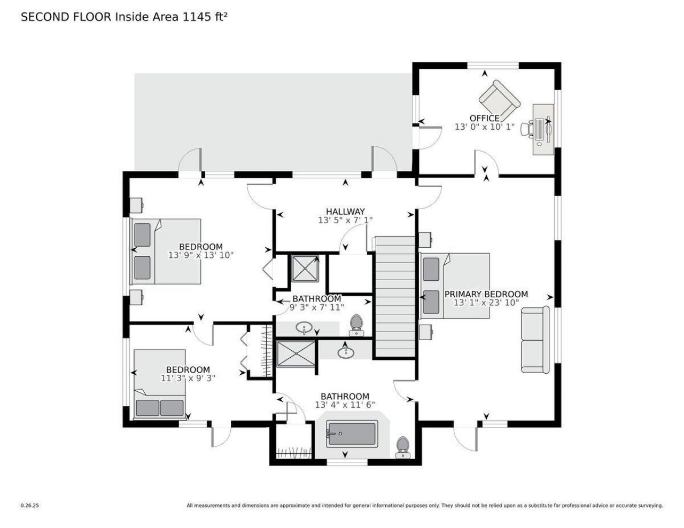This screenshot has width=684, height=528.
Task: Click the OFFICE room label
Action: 484,118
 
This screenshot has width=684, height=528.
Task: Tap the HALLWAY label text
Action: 345,211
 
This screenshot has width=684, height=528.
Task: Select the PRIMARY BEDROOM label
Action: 486,294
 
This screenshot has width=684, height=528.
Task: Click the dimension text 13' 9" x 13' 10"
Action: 200,255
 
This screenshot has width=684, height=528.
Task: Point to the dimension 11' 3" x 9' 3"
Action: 188,378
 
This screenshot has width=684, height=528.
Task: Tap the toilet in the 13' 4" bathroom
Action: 402,447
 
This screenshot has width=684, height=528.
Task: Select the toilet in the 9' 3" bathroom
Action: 356,325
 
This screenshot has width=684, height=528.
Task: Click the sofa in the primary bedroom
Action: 535,340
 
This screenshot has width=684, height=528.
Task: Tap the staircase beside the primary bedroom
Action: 395,297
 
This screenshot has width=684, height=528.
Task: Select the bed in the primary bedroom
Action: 455,286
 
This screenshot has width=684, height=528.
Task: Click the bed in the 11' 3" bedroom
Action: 160,383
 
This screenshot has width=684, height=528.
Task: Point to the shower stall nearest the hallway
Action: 305,267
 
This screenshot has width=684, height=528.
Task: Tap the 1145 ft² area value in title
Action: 203,17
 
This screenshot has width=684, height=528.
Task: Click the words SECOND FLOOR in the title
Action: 66,17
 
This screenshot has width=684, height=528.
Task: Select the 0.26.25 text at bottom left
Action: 29,505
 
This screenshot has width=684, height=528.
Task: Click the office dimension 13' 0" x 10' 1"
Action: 484,127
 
